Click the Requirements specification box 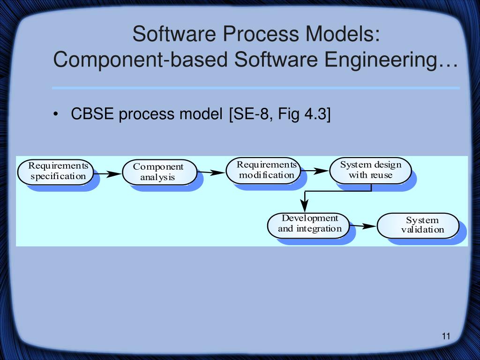(56, 172)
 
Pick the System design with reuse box (370, 170)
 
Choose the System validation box (418, 225)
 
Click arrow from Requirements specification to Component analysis (108, 174)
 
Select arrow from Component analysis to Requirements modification (211, 172)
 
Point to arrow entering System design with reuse (315, 171)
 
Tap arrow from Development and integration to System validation (364, 226)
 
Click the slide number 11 (445, 336)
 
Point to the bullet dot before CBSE (56, 114)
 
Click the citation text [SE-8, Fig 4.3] (280, 114)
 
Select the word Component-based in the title (141, 60)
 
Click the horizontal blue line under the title (255, 88)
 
